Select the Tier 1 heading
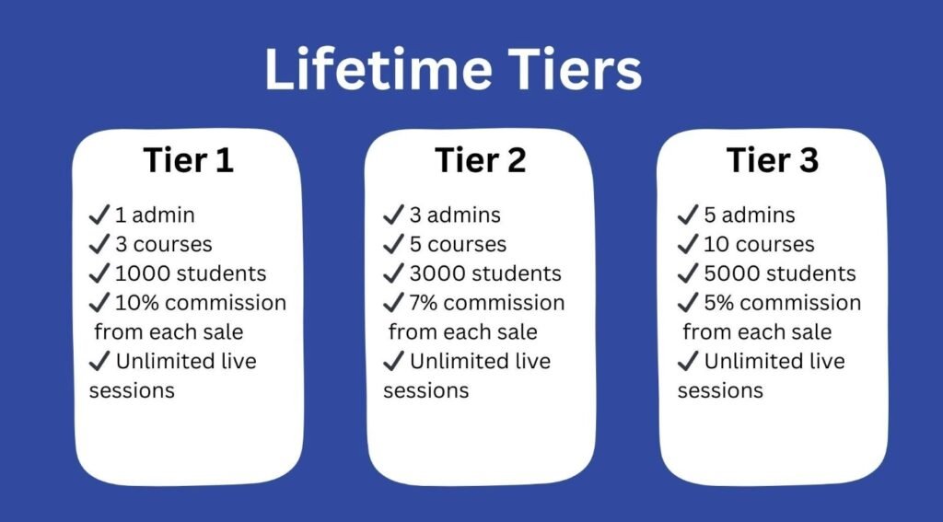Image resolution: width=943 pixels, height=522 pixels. coord(188,160)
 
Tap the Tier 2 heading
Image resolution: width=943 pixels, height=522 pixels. coord(481,160)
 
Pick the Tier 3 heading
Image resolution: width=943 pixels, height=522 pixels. coord(773,160)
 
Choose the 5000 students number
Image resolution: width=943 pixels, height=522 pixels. coord(732,273)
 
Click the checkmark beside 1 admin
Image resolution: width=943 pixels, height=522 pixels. coord(99,215)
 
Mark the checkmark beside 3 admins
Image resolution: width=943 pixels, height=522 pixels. coord(393,215)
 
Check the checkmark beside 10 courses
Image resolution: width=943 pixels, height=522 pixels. coord(688,244)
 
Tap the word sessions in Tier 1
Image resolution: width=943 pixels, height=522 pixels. coord(132,389)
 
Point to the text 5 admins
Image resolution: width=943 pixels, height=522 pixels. coord(750,215)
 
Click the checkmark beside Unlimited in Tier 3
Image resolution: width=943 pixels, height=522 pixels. coord(688,361)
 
